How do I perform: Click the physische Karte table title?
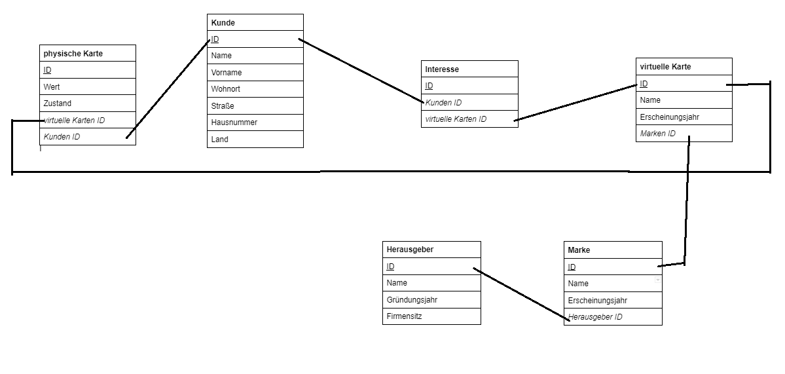tap(73, 54)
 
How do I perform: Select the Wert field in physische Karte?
tap(52, 86)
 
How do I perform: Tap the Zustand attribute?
tap(58, 103)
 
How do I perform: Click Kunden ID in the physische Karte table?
tap(62, 137)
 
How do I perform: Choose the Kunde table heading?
tap(223, 22)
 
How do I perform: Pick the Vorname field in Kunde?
tap(227, 73)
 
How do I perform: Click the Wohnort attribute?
tap(226, 89)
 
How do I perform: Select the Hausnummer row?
tap(234, 122)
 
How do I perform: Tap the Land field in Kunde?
tap(220, 140)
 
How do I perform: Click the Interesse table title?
tap(442, 69)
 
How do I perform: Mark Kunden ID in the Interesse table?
tap(443, 103)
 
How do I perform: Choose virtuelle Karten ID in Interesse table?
tap(456, 119)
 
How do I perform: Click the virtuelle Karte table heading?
tap(665, 67)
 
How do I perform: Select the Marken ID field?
tap(658, 133)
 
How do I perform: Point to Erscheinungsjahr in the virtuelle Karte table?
tap(670, 117)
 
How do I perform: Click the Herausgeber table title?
tap(410, 250)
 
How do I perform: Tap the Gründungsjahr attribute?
tap(412, 300)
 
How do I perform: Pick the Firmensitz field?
tap(405, 316)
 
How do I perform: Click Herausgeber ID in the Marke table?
tap(595, 317)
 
